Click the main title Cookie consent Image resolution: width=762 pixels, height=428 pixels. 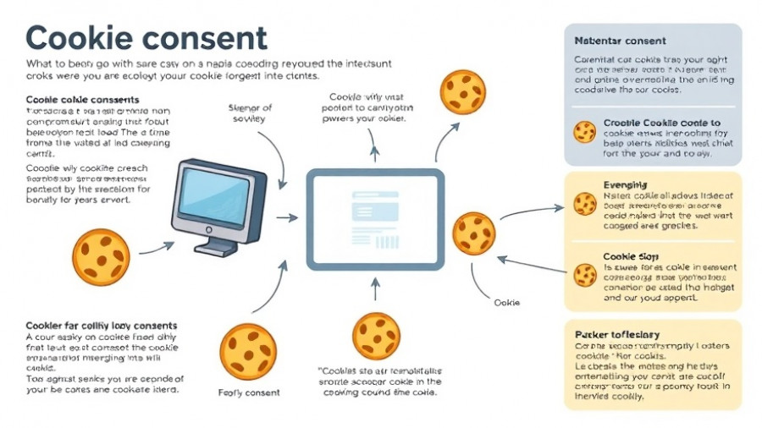[147, 37]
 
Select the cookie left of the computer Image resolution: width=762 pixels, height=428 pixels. [101, 257]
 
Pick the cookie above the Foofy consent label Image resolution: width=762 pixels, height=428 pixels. [248, 350]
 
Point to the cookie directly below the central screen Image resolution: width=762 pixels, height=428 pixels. [376, 336]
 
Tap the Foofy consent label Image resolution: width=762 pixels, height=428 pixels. [248, 392]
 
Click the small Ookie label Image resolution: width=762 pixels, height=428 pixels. [506, 302]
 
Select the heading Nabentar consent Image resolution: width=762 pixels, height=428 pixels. [620, 41]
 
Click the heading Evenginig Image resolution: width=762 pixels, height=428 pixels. [626, 184]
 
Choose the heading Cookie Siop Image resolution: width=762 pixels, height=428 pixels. [631, 255]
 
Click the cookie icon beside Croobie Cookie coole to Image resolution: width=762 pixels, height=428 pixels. [584, 132]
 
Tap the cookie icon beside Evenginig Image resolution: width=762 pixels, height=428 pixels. [584, 204]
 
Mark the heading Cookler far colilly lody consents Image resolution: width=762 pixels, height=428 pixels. [102, 325]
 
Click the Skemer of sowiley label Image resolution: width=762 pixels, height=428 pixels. [251, 113]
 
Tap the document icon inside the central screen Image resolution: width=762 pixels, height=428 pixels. [375, 219]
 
